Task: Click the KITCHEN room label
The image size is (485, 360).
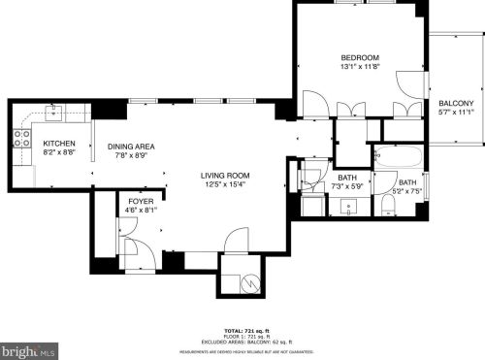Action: click(x=60, y=143)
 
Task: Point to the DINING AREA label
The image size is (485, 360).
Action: click(x=130, y=147)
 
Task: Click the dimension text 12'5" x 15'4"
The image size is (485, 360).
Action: click(x=225, y=184)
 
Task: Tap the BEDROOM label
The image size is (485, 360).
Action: click(x=359, y=57)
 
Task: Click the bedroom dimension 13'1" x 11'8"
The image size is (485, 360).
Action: click(x=359, y=67)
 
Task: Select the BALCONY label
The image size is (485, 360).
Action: click(x=456, y=103)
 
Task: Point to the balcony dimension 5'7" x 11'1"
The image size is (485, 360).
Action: click(x=456, y=113)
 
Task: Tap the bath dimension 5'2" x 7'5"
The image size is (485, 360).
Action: click(x=407, y=191)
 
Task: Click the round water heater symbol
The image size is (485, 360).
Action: click(x=251, y=282)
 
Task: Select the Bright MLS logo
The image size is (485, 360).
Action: click(x=29, y=349)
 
